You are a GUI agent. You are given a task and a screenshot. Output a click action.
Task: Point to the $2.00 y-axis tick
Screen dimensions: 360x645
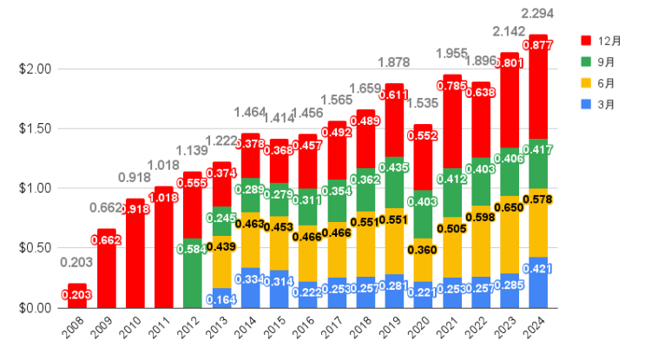pyautogui.click(x=35, y=69)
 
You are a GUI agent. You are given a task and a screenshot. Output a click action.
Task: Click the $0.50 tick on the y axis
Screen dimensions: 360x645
pyautogui.click(x=35, y=248)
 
